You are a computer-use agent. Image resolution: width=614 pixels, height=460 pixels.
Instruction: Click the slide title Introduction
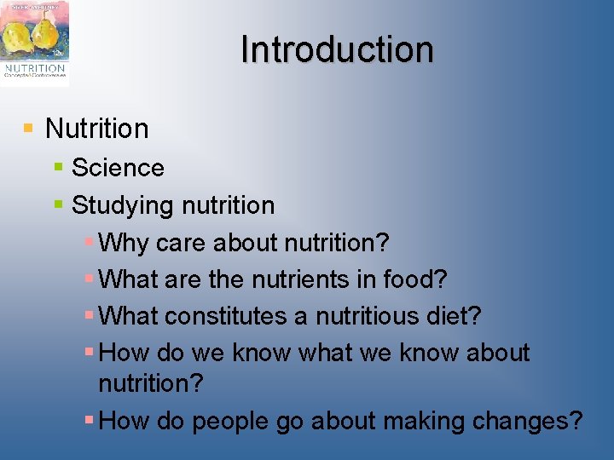[337, 49]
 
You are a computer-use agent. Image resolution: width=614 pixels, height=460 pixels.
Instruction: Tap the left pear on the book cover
[18, 37]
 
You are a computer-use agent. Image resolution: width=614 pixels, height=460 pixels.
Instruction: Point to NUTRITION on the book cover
[35, 67]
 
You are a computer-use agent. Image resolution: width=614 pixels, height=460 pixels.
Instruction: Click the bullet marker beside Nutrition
[28, 128]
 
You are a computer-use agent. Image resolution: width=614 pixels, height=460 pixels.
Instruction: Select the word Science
[118, 167]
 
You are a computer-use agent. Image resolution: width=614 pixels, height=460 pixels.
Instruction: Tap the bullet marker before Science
[58, 167]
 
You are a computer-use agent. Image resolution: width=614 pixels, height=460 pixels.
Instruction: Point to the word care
[181, 243]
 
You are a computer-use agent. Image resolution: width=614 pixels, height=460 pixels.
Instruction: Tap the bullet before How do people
[90, 420]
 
